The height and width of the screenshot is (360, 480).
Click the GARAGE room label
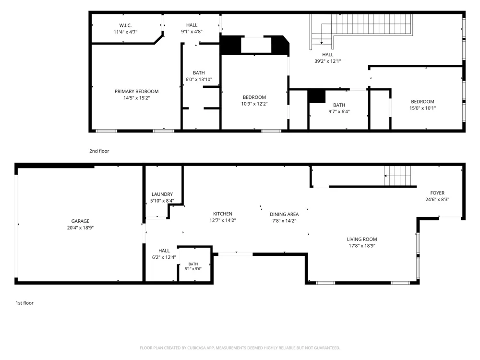80,221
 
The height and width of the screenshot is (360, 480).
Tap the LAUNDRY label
162,194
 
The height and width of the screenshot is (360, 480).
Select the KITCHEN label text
223,214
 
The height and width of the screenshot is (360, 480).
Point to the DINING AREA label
284,214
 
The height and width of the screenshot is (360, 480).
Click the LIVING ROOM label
362,239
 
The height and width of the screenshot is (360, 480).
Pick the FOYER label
437,193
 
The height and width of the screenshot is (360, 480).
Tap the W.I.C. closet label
125,25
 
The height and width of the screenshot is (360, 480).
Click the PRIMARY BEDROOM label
136,91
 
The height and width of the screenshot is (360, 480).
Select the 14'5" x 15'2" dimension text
136,98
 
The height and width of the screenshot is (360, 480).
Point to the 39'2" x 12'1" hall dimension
327,61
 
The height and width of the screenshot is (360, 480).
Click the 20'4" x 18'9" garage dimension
80,228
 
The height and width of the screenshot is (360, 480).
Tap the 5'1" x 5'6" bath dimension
193,269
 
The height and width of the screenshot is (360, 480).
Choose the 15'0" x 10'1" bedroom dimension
422,108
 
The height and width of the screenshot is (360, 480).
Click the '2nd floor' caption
99,151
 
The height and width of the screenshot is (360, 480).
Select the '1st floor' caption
24,303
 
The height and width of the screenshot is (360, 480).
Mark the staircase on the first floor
397,176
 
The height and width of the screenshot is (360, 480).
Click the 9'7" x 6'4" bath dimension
339,112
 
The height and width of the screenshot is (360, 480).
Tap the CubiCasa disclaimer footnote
240,348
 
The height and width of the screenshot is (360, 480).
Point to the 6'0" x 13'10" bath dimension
199,80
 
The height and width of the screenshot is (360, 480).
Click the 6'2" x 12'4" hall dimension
164,257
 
